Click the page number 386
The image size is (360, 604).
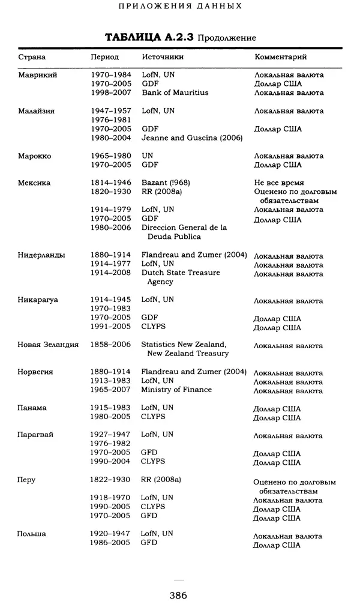(x=179, y=595)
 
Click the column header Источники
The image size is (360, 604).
(x=163, y=57)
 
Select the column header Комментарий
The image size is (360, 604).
(x=281, y=57)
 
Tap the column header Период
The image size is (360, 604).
(x=104, y=57)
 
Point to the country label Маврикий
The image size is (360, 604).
(x=37, y=75)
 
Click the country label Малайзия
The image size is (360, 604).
(x=37, y=111)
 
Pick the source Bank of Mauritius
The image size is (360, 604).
(x=175, y=93)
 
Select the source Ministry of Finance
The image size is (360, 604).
(x=176, y=390)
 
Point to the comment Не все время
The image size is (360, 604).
(x=279, y=183)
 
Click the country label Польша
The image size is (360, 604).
(x=32, y=533)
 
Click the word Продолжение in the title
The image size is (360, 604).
(x=227, y=38)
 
